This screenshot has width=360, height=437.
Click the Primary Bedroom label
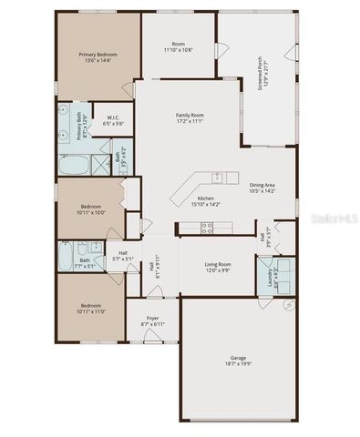98,57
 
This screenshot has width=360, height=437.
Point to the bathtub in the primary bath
76,166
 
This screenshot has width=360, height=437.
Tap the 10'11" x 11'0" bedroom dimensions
91,310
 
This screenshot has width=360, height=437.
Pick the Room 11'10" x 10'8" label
179,46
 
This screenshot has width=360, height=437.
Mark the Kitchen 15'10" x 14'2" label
206,202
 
